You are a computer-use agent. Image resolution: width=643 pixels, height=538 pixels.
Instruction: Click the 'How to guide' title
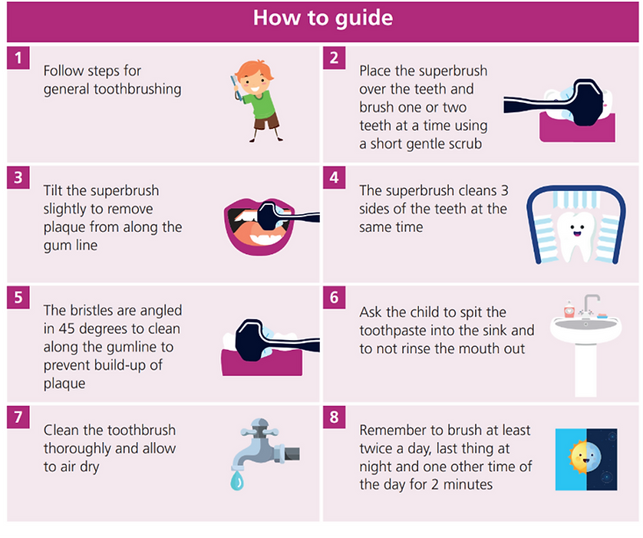[323, 18]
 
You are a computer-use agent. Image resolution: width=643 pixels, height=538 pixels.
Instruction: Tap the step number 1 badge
[18, 58]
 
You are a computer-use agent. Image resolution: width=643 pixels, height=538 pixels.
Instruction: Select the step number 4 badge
[335, 177]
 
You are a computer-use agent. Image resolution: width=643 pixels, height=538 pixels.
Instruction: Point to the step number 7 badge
[18, 417]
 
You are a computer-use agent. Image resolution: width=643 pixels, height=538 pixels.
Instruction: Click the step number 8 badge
[335, 417]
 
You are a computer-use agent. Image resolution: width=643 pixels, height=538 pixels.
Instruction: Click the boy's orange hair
[254, 70]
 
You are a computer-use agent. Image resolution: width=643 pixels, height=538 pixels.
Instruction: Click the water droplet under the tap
[237, 480]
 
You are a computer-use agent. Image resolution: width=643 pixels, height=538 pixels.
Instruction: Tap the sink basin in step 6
[585, 328]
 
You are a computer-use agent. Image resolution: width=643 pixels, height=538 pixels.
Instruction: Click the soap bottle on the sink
[569, 309]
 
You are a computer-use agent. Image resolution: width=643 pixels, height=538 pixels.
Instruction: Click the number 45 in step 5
[67, 329]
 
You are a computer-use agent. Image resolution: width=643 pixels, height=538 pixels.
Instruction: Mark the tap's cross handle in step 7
[259, 431]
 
